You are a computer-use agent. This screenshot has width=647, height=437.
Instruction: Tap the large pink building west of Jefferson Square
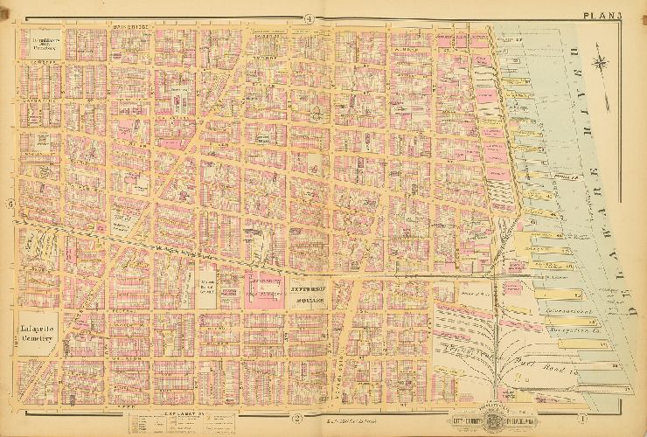click(x=263, y=286)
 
